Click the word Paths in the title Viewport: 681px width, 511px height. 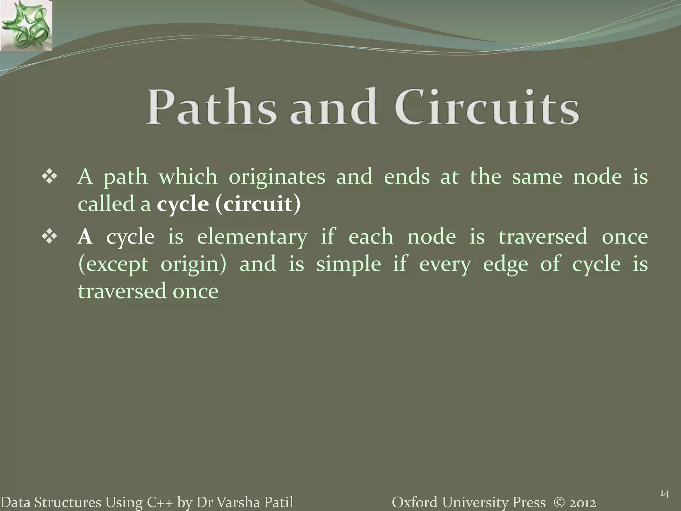211,107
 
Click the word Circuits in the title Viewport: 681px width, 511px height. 487,107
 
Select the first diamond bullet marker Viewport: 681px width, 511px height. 49,177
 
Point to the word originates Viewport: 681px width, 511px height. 277,177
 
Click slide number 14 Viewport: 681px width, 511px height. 664,494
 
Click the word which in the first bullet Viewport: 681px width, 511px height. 188,177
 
